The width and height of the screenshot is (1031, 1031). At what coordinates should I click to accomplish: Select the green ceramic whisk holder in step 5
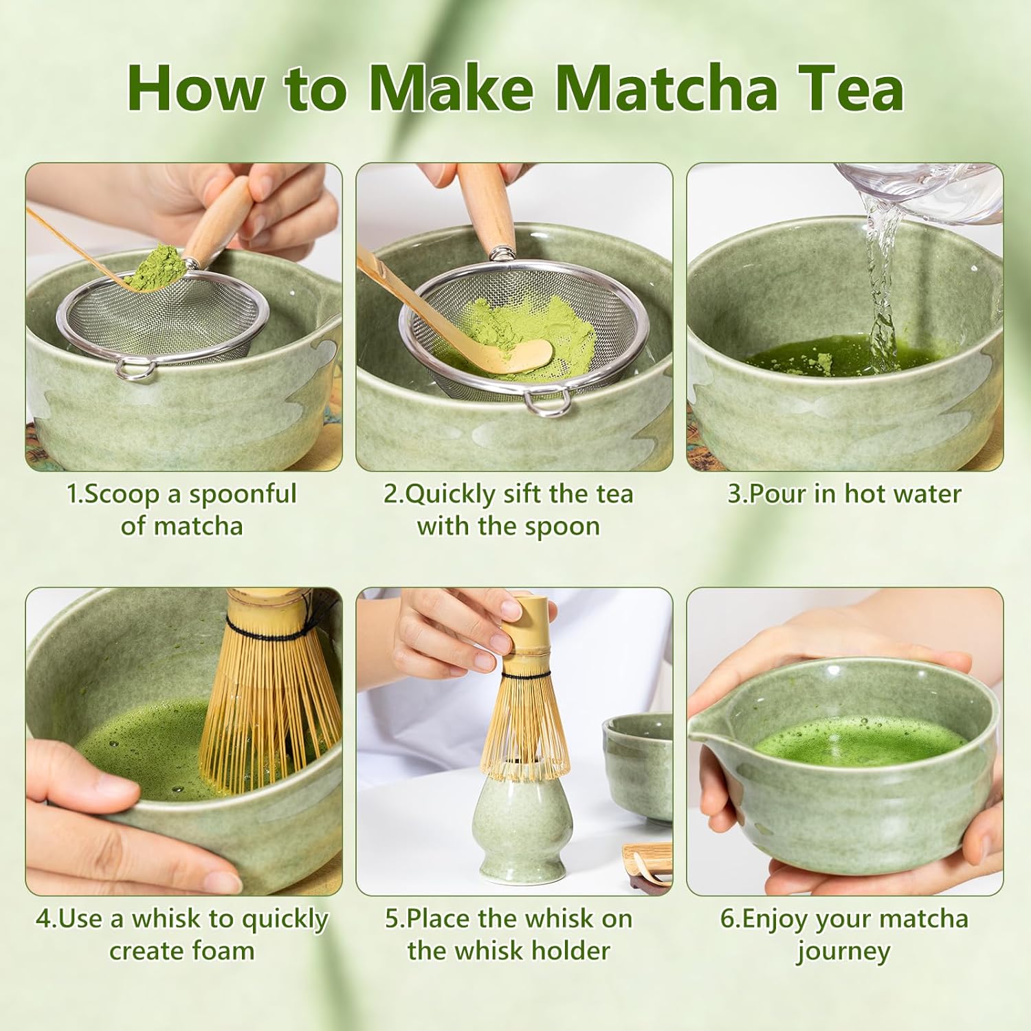[522, 825]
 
